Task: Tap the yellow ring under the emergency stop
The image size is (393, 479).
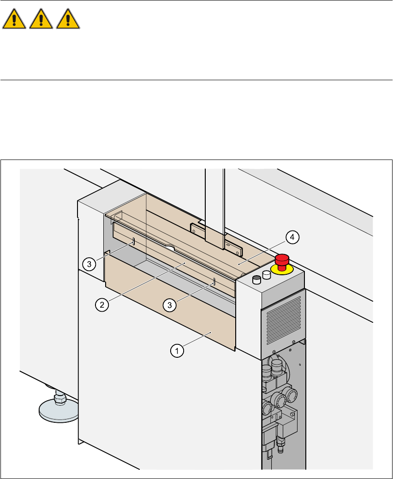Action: pyautogui.click(x=282, y=269)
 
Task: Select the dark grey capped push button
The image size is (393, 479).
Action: pyautogui.click(x=256, y=279)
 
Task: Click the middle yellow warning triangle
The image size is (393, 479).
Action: pyautogui.click(x=41, y=19)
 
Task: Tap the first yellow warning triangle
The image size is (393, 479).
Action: pyautogui.click(x=14, y=19)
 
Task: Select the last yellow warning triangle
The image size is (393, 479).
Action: pyautogui.click(x=68, y=19)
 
